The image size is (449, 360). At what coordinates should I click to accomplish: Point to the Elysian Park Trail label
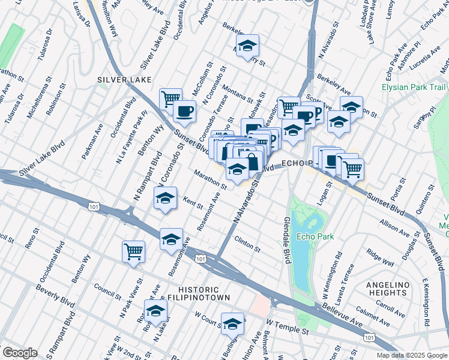[x=414, y=88]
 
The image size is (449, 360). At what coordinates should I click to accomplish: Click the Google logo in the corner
[x=20, y=353]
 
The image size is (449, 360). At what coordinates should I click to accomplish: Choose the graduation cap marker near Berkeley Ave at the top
[x=247, y=46]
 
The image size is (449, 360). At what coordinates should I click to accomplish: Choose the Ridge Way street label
[x=380, y=259]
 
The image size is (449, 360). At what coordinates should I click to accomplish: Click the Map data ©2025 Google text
[x=412, y=355]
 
